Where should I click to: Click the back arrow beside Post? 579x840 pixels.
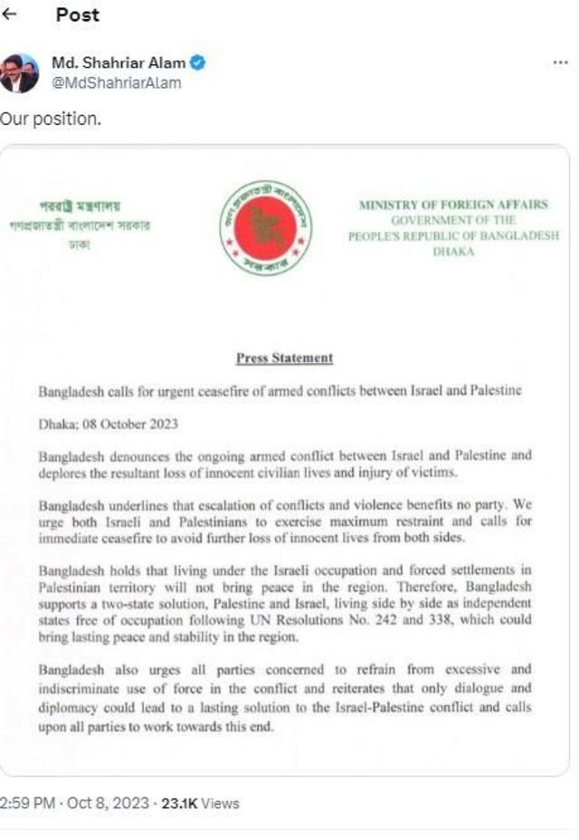click(x=10, y=16)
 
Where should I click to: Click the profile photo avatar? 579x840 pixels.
click(x=19, y=73)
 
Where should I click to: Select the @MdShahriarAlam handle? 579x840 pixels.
click(x=116, y=83)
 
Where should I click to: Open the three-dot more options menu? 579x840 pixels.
click(x=560, y=63)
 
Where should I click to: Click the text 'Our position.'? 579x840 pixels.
click(x=49, y=119)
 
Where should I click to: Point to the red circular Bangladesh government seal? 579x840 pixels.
click(x=267, y=228)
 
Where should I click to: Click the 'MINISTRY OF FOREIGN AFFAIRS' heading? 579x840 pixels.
click(x=453, y=205)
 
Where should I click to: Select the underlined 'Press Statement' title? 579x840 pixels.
click(x=285, y=358)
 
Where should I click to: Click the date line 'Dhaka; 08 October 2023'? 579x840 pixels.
click(x=108, y=424)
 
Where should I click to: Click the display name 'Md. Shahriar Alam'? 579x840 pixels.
click(x=119, y=63)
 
